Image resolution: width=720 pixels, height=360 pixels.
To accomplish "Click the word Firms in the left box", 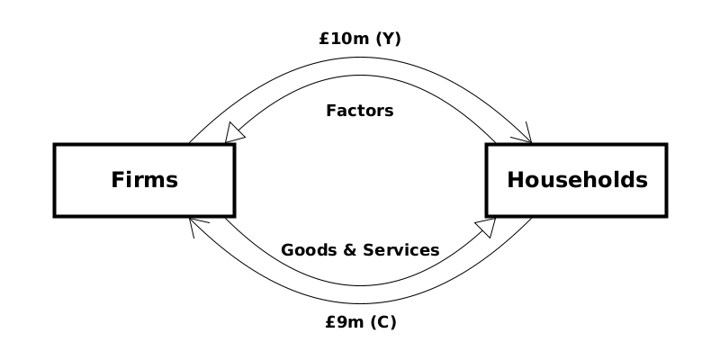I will tap(145, 180).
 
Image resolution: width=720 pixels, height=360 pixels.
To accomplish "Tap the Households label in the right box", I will tap(577, 180).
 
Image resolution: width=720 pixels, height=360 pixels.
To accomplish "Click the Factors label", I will tap(360, 112).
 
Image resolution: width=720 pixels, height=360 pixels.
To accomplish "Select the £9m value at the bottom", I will tap(342, 320).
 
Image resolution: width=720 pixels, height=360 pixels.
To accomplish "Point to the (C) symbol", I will tap(382, 320).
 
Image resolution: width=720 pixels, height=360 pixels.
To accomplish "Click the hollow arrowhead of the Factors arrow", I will tap(236, 133).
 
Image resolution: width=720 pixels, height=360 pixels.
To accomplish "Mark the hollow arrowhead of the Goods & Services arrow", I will tap(485, 227).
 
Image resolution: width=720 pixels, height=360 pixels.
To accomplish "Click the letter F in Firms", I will tap(117, 180).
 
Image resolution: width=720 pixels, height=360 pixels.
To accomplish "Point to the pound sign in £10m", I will tap(324, 40).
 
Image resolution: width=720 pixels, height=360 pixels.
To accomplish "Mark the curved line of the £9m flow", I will tap(360, 304).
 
